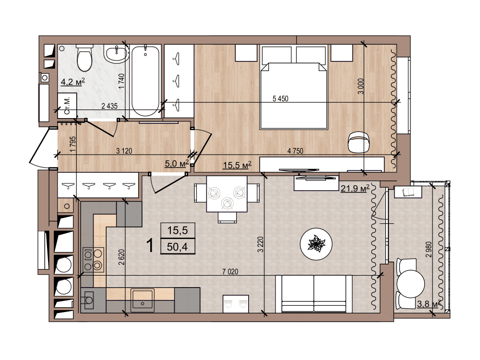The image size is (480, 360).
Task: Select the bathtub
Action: (145, 81)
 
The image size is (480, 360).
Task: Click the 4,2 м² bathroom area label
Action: (73, 82)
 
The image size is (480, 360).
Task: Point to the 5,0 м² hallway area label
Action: (177, 164)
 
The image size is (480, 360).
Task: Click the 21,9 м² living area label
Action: (355, 188)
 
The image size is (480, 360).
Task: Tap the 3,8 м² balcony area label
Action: (429, 304)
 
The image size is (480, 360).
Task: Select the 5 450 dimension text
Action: (280, 98)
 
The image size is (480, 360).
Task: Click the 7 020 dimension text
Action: (230, 272)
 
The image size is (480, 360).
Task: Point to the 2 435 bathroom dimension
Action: (109, 106)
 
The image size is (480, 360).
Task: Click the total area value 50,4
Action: (178, 246)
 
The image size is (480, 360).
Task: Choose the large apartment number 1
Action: (150, 245)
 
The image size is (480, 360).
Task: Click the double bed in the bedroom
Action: (294, 87)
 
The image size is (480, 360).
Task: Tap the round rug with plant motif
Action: (316, 244)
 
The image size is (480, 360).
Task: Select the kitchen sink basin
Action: (142, 300)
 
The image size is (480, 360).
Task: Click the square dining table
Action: (227, 194)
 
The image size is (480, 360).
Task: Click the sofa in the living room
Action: (314, 294)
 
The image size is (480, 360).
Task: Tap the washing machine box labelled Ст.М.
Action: (67, 105)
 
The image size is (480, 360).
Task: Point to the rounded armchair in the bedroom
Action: (358, 142)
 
